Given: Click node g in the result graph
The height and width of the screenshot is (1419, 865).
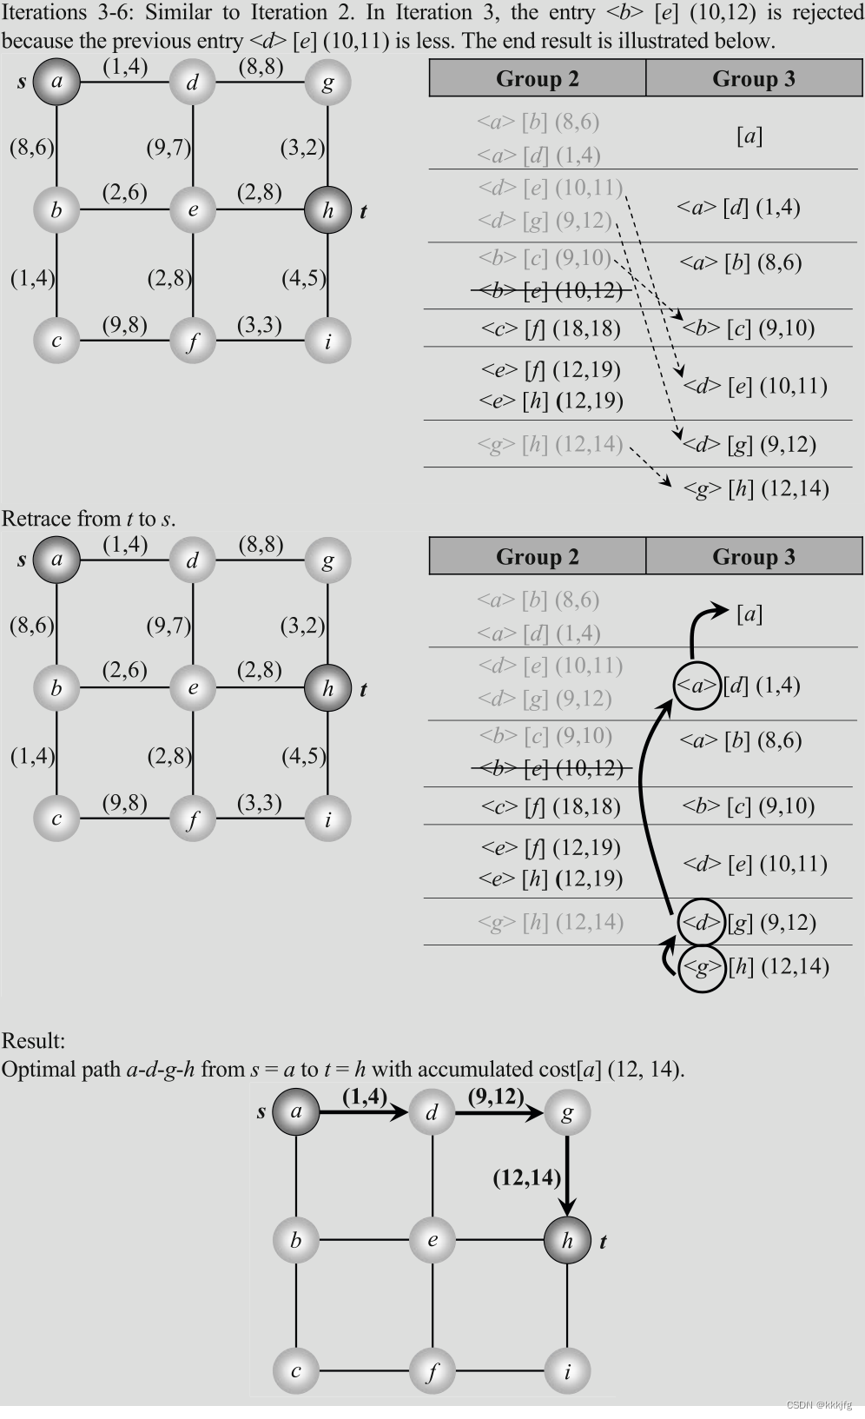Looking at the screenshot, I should [567, 1113].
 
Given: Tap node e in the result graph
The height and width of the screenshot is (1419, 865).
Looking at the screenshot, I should [432, 1240].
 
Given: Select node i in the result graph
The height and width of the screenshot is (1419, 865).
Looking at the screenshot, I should [567, 1371].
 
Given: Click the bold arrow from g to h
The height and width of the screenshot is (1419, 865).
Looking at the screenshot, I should [567, 1177].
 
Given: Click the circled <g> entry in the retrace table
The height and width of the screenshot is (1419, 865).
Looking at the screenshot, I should [701, 967].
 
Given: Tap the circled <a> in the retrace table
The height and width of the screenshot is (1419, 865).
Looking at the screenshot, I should [697, 686].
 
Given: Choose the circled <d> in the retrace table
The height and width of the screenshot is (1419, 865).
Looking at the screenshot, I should [701, 922].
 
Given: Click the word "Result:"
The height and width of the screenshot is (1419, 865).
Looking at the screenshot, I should [33, 1041].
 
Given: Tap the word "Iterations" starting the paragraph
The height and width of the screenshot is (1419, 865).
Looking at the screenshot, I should [44, 13].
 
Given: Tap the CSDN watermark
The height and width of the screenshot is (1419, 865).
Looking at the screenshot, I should [818, 1404].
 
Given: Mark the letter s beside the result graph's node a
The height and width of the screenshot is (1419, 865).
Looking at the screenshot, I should [261, 1111].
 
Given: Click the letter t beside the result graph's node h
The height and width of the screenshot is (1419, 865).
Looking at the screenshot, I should [603, 1242].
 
